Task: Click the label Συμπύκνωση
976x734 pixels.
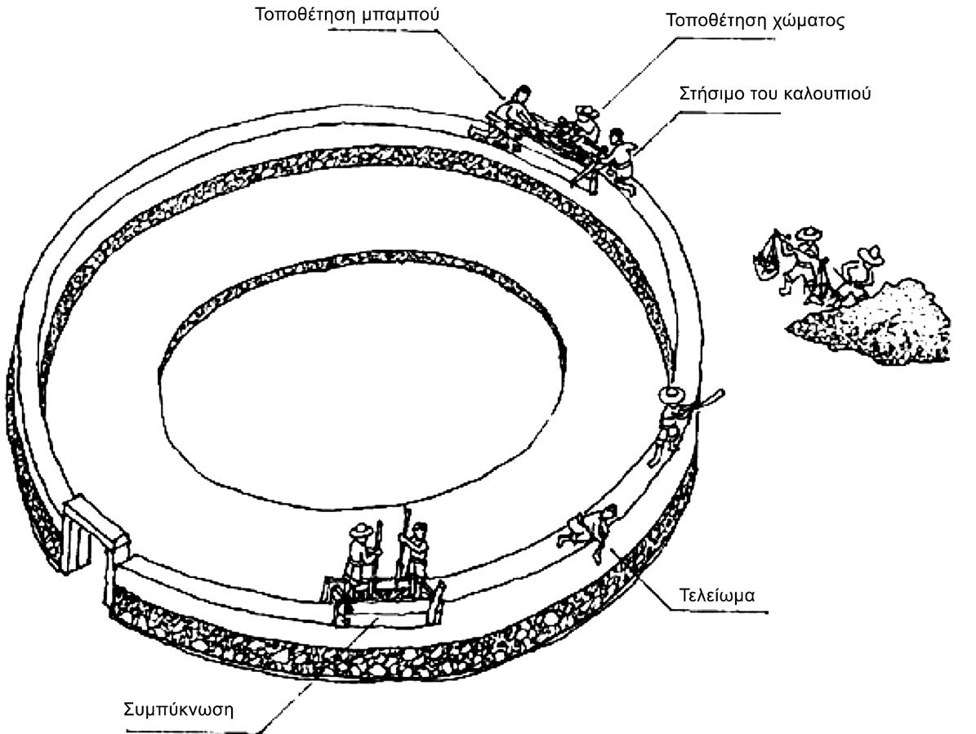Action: pyautogui.click(x=178, y=708)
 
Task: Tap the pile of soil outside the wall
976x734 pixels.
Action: pyautogui.click(x=882, y=323)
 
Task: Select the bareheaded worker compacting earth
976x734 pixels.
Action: pyautogui.click(x=417, y=555)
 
